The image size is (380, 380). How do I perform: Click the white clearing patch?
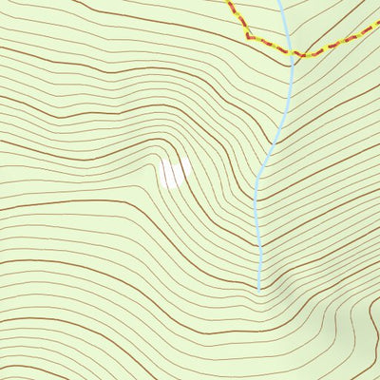pyautogui.click(x=173, y=172)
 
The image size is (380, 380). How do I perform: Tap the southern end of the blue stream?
pyautogui.click(x=258, y=288)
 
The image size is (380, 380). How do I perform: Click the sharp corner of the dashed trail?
pyautogui.click(x=248, y=36)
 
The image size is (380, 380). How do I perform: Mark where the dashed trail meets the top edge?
pyautogui.click(x=228, y=1)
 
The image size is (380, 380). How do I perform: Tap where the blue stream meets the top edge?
pyautogui.click(x=280, y=1)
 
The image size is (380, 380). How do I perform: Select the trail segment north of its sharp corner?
pyautogui.click(x=238, y=17)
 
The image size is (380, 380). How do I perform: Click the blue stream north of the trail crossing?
pyautogui.click(x=283, y=24)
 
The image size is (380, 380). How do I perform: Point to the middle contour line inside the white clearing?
pyautogui.click(x=173, y=172)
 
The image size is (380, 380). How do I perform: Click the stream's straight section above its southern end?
pyautogui.click(x=258, y=237)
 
